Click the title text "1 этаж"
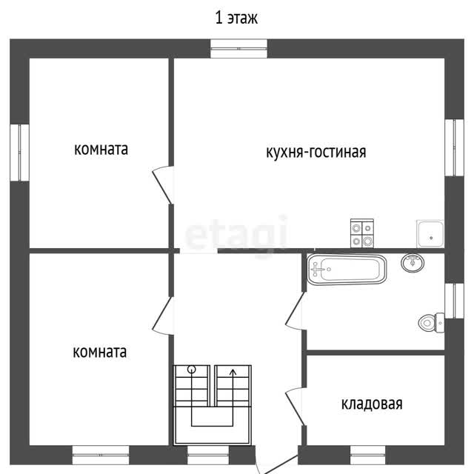(236, 18)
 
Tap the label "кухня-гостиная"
(316, 151)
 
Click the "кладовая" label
(372, 404)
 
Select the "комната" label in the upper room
(101, 149)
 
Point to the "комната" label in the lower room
(99, 352)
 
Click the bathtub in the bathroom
(347, 270)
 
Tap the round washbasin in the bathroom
(413, 263)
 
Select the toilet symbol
(431, 323)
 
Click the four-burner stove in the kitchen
(362, 233)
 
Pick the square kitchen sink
(430, 234)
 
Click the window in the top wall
(238, 49)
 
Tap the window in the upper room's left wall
(20, 153)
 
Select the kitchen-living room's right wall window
(454, 147)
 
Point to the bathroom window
(454, 301)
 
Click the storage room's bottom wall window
(368, 455)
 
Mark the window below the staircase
(208, 455)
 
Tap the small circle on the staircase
(192, 370)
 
